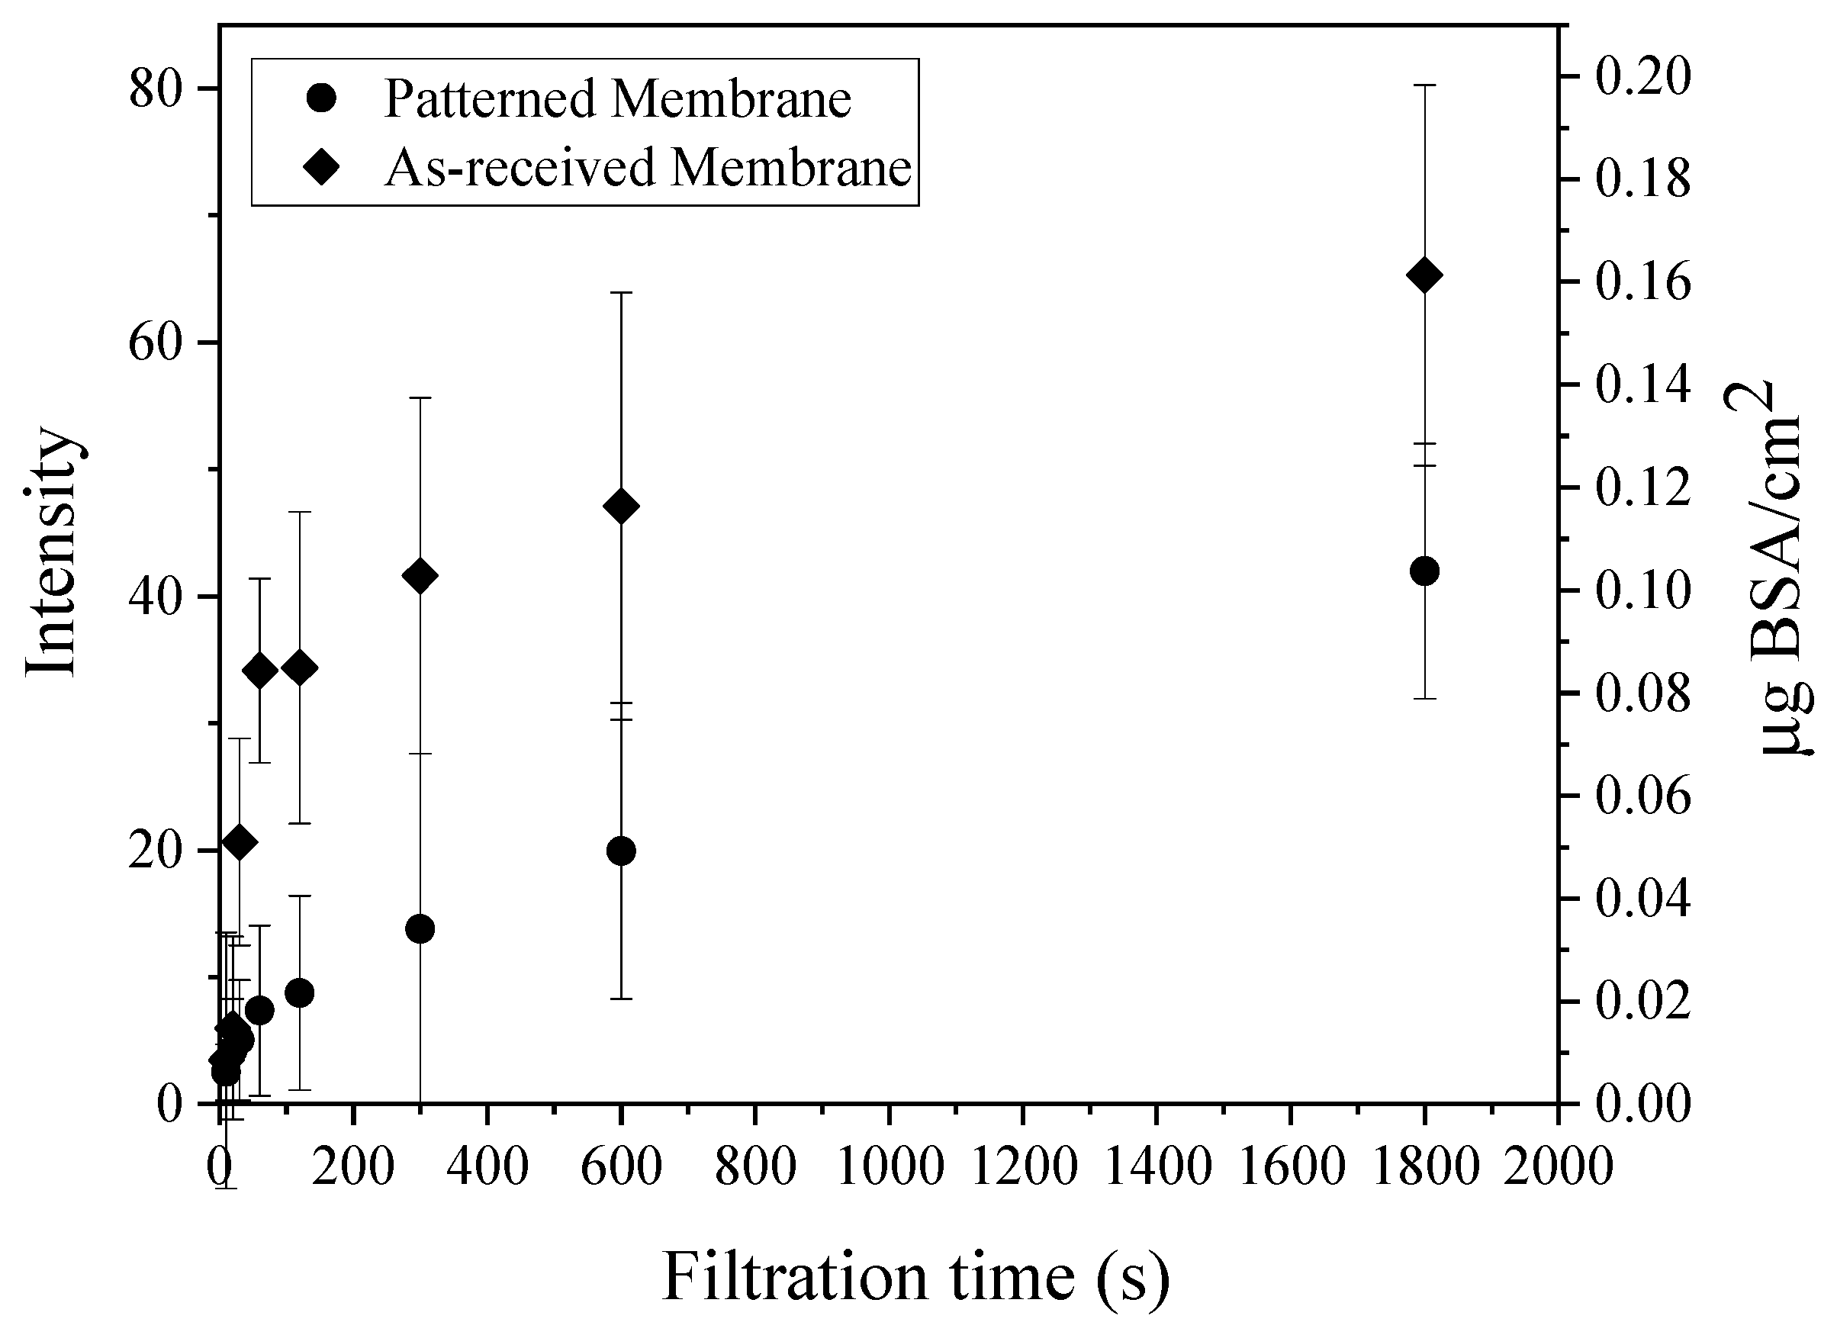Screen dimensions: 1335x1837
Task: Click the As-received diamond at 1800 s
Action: pos(1424,275)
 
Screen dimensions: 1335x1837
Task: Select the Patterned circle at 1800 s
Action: pos(1424,571)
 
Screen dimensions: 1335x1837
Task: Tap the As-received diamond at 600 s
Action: pos(621,507)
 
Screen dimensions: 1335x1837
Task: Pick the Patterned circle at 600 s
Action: pos(621,851)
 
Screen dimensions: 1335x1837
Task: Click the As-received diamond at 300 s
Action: pos(420,576)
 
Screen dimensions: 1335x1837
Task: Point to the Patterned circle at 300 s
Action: pos(420,928)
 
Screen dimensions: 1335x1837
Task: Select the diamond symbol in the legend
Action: pos(322,169)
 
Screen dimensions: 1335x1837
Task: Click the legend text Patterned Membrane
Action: pos(617,99)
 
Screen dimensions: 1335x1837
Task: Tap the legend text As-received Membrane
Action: pos(648,169)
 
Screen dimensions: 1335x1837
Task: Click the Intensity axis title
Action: pos(50,552)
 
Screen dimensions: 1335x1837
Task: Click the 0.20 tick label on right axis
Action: pos(1643,76)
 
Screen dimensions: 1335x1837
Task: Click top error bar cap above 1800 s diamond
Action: pos(1424,85)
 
